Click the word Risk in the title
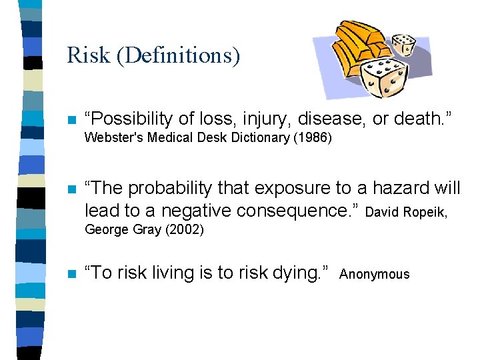88,55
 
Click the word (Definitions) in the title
177,55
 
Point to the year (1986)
315,139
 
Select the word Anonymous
375,275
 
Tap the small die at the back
403,45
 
